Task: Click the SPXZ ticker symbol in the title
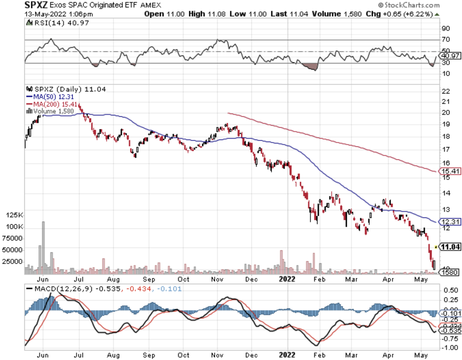[x=37, y=5]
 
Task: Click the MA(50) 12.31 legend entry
[x=54, y=97]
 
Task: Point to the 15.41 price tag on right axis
[x=450, y=171]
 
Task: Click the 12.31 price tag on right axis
[x=450, y=221]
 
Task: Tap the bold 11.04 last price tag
[x=450, y=247]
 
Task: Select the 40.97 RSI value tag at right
[x=450, y=56]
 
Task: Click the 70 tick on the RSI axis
[x=445, y=39]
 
